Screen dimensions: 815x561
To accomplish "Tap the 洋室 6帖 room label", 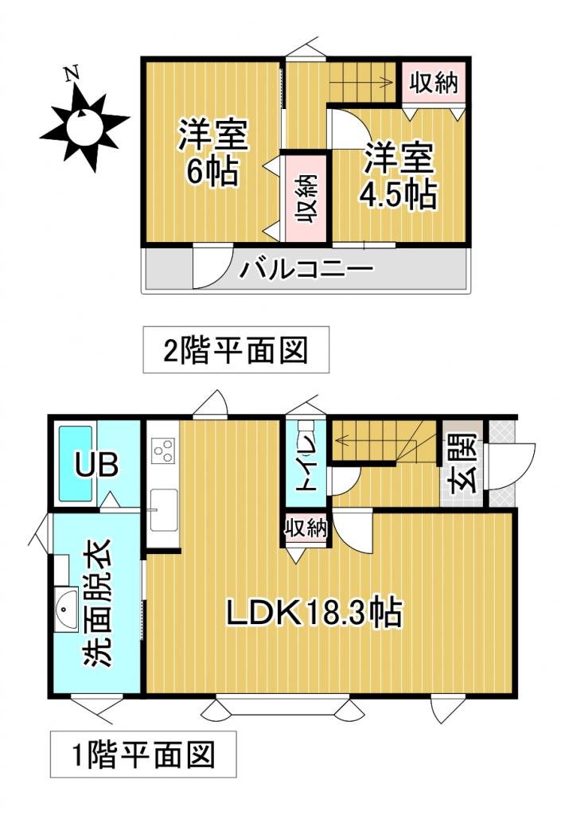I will click(213, 153).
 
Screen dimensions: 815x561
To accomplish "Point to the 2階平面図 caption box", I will click(236, 349).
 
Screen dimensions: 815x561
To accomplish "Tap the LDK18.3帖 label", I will click(314, 613).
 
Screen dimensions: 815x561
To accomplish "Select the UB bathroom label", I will click(97, 465).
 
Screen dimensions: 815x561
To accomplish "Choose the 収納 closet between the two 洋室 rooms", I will click(306, 197).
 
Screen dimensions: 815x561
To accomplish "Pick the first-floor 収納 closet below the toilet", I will click(306, 528).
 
